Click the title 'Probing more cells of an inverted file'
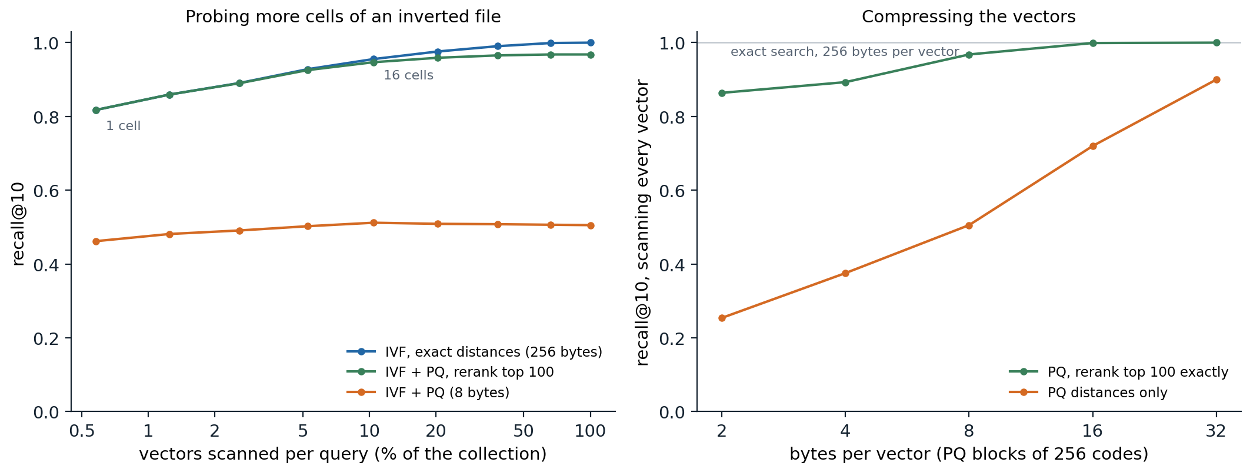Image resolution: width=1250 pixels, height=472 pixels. point(343,17)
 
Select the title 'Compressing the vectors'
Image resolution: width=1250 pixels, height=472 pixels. point(968,17)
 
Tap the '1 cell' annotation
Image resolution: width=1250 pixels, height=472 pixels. point(123,126)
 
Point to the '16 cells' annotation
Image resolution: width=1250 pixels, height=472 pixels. point(408,75)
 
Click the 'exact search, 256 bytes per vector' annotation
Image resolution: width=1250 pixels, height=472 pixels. point(845,52)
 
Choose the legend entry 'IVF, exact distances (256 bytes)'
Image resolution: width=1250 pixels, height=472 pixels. point(494,352)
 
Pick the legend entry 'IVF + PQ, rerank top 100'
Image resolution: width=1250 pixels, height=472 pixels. point(469,372)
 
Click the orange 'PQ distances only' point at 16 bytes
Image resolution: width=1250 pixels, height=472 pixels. point(1093,146)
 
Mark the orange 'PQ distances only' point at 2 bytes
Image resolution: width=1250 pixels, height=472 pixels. point(722,318)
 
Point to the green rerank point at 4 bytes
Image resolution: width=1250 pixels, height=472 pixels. point(845,82)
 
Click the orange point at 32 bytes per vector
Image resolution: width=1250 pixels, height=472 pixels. point(1216,79)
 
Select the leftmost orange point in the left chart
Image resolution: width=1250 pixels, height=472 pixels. point(96,241)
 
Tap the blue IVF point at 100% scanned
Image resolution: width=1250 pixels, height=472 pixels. point(591,42)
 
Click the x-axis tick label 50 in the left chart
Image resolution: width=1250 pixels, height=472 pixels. point(523,431)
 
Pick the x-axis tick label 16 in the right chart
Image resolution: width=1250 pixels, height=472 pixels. point(1092,431)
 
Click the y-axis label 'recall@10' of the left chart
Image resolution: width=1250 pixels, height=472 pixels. point(18,224)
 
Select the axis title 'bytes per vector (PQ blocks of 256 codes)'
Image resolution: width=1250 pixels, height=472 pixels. point(969,454)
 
